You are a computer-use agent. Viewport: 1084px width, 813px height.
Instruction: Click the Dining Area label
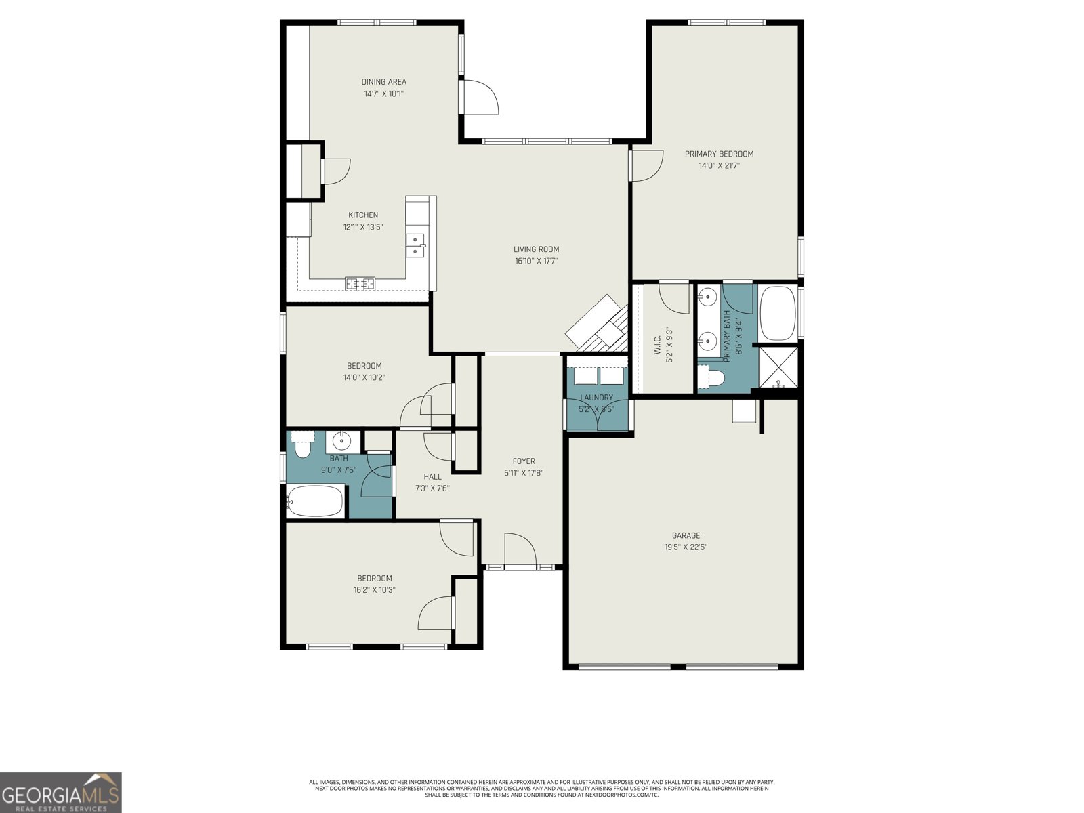pyautogui.click(x=383, y=82)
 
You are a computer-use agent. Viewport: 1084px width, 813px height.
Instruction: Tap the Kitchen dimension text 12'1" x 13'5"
pyautogui.click(x=363, y=228)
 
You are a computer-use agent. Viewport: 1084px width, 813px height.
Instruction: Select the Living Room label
pyautogui.click(x=536, y=249)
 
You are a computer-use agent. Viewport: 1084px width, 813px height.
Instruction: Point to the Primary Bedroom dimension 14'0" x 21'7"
pyautogui.click(x=719, y=165)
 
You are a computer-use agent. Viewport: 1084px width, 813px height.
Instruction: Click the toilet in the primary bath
pyautogui.click(x=711, y=377)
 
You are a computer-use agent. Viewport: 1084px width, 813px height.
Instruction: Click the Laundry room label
pyautogui.click(x=596, y=398)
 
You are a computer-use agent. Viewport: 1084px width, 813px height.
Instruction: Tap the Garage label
pyautogui.click(x=686, y=535)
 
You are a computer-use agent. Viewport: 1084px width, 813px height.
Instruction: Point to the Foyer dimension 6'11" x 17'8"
pyautogui.click(x=524, y=473)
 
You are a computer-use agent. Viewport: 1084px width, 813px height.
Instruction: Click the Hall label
pyautogui.click(x=432, y=476)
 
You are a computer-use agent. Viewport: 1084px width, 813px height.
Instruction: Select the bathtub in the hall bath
pyautogui.click(x=315, y=501)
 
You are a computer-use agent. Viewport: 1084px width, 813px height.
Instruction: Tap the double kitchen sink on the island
pyautogui.click(x=415, y=245)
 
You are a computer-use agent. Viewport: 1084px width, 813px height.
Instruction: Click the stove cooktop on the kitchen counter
pyautogui.click(x=360, y=284)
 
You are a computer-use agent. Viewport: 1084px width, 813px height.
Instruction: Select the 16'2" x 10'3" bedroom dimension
pyautogui.click(x=374, y=590)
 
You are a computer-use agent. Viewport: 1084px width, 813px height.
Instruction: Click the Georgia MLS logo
pyautogui.click(x=61, y=792)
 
